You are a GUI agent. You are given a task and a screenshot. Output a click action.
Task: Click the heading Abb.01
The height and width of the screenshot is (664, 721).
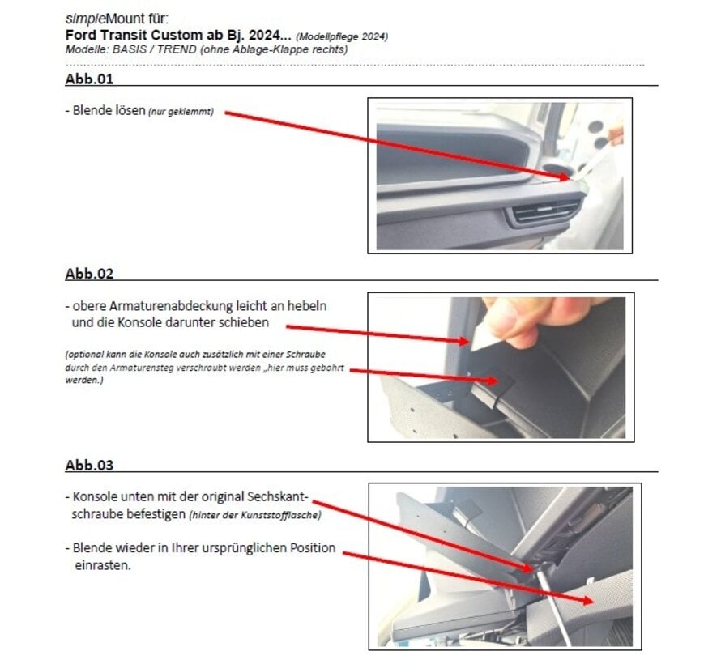click(89, 79)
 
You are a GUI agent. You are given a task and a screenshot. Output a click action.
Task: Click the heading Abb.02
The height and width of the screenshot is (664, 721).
click(89, 274)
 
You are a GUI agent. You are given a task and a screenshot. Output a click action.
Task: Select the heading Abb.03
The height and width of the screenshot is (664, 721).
click(89, 465)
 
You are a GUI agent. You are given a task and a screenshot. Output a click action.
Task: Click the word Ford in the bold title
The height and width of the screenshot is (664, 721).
click(80, 35)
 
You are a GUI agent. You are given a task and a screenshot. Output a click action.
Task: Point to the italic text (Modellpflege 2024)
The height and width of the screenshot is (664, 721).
click(342, 36)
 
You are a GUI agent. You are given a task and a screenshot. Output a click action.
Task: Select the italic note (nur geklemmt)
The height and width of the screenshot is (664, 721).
click(181, 112)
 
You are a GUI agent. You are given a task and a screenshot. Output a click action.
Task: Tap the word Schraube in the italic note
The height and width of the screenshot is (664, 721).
click(305, 355)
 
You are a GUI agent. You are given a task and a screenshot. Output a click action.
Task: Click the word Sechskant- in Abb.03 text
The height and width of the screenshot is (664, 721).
click(278, 496)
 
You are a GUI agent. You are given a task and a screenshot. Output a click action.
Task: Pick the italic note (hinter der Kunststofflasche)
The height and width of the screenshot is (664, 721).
click(255, 515)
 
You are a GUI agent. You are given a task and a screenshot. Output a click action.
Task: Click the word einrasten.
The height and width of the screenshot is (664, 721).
click(103, 565)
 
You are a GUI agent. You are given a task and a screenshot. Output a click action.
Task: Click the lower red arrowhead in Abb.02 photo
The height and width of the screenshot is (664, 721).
click(493, 381)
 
